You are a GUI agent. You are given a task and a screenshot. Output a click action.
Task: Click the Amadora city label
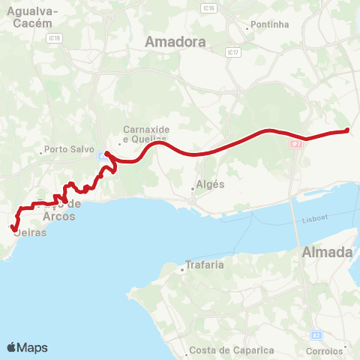point(176,43)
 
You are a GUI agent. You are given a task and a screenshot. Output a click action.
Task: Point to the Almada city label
point(326,253)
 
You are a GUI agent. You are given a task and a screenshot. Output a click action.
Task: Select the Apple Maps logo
point(26,347)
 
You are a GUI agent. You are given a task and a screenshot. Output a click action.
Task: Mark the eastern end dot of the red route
point(347,131)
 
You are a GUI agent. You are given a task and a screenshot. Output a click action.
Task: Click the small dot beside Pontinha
point(247,29)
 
